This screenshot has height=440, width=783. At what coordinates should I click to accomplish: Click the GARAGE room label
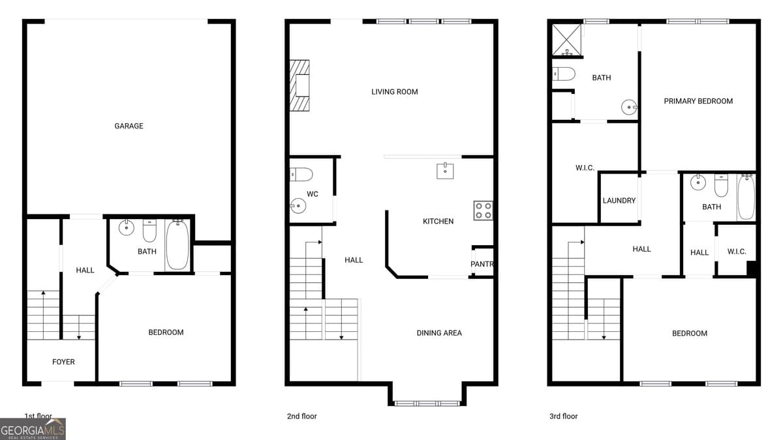click(129, 126)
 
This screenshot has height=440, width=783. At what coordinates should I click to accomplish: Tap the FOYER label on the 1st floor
click(63, 362)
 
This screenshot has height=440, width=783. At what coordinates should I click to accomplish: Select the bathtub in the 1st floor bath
click(176, 245)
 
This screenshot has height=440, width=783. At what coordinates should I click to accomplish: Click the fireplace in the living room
click(299, 86)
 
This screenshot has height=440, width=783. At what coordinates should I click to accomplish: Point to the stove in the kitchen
click(483, 210)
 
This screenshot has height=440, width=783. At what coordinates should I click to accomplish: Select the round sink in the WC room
click(297, 207)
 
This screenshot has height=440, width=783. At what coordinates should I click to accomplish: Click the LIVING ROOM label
click(394, 92)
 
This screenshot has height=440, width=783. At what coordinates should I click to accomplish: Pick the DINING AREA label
click(439, 333)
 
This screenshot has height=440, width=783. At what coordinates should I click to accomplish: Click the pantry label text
click(482, 264)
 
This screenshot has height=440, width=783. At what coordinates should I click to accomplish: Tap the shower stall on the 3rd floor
click(567, 38)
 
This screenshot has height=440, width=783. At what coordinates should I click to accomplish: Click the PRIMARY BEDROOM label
click(698, 101)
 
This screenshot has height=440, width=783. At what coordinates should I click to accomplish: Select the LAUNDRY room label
click(619, 201)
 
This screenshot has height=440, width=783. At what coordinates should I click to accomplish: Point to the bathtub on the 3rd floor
click(746, 197)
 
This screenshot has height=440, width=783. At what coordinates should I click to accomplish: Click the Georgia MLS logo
click(33, 429)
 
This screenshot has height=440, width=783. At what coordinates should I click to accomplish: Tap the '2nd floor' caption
click(301, 416)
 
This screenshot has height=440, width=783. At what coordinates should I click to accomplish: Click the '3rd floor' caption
click(563, 416)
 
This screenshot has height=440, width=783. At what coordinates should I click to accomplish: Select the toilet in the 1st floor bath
click(149, 231)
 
